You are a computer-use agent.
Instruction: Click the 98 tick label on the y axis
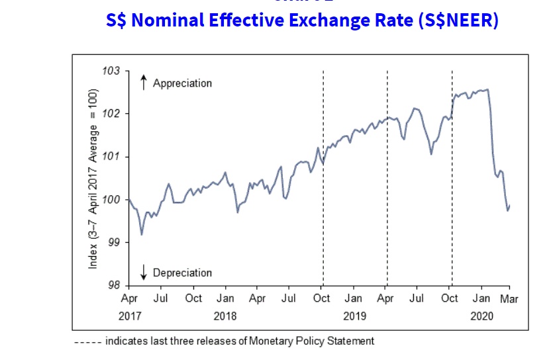tap(115, 286)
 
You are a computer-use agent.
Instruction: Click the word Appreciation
tap(182, 83)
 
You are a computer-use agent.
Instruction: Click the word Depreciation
tap(182, 273)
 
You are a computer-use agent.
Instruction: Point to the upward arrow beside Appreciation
tap(143, 83)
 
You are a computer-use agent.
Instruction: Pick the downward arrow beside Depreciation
tap(143, 272)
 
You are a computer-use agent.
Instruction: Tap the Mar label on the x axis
tap(509, 298)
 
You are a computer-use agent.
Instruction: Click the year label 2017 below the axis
tap(130, 316)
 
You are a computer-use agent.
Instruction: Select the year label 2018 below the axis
tap(225, 316)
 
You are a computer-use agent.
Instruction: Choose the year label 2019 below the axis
tap(354, 316)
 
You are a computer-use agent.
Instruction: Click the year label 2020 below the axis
tap(483, 316)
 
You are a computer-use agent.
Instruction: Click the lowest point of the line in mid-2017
tap(142, 234)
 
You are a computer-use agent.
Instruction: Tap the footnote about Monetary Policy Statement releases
tap(224, 341)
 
